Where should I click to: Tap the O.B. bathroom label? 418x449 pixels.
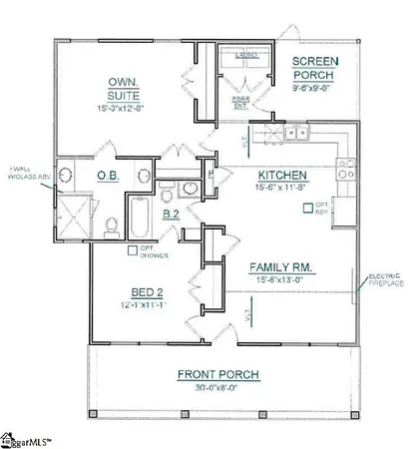point(109,177)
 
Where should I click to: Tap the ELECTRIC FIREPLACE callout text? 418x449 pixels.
point(385,279)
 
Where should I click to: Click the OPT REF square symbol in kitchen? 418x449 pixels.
point(307,210)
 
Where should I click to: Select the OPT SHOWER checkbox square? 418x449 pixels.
point(133,249)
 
